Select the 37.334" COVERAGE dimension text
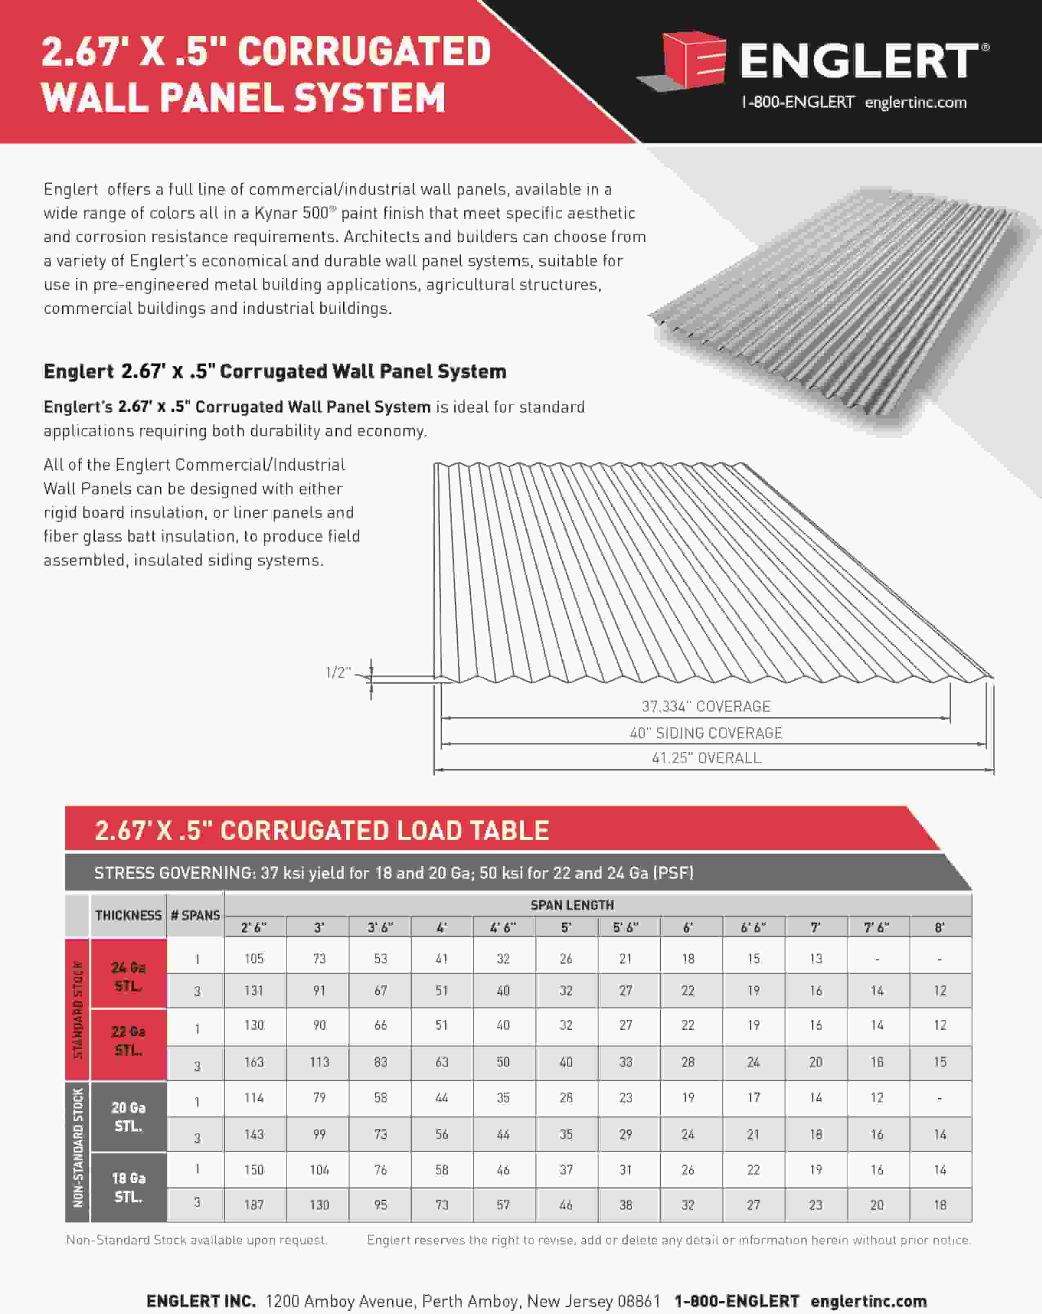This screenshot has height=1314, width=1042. pos(706,706)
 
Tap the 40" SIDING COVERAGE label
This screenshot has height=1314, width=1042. pos(706,733)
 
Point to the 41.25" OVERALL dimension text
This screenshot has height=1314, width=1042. pos(706,758)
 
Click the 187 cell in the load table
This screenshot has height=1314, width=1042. pos(254,1205)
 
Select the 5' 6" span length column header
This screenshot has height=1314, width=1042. pos(626,927)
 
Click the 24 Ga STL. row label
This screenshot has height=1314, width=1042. pos(128,977)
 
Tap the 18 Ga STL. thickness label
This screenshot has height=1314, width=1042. pos(128,1187)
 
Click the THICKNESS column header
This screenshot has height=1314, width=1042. pos(128,915)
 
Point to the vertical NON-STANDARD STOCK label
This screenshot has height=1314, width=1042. pos(77,1148)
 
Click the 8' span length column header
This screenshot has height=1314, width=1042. pos(939,927)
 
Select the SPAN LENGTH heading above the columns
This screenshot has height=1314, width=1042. pos(572,905)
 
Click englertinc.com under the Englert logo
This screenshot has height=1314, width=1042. pos(915,103)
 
